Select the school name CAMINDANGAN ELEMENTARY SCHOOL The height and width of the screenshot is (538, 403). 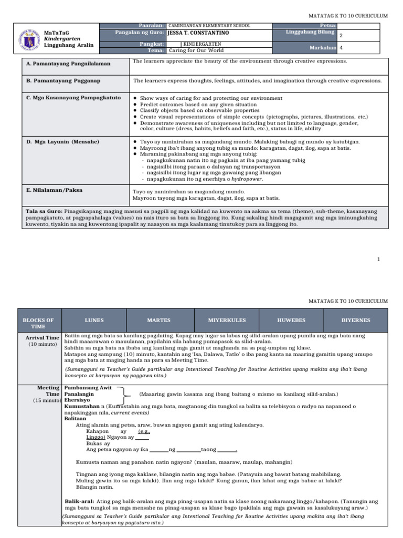point(209,25)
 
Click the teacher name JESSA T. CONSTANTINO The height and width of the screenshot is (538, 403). point(198,33)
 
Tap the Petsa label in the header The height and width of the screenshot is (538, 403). point(328,25)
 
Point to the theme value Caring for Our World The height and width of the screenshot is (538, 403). point(196,50)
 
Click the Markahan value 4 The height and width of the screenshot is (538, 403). point(342,47)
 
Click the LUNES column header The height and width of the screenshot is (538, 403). point(94,320)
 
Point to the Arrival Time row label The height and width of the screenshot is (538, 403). point(43,338)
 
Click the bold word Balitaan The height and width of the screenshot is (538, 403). point(76,419)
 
